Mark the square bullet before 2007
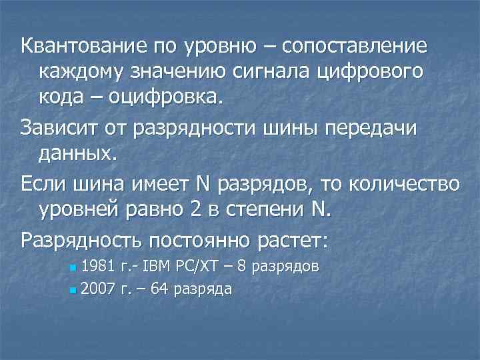[73, 290]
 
